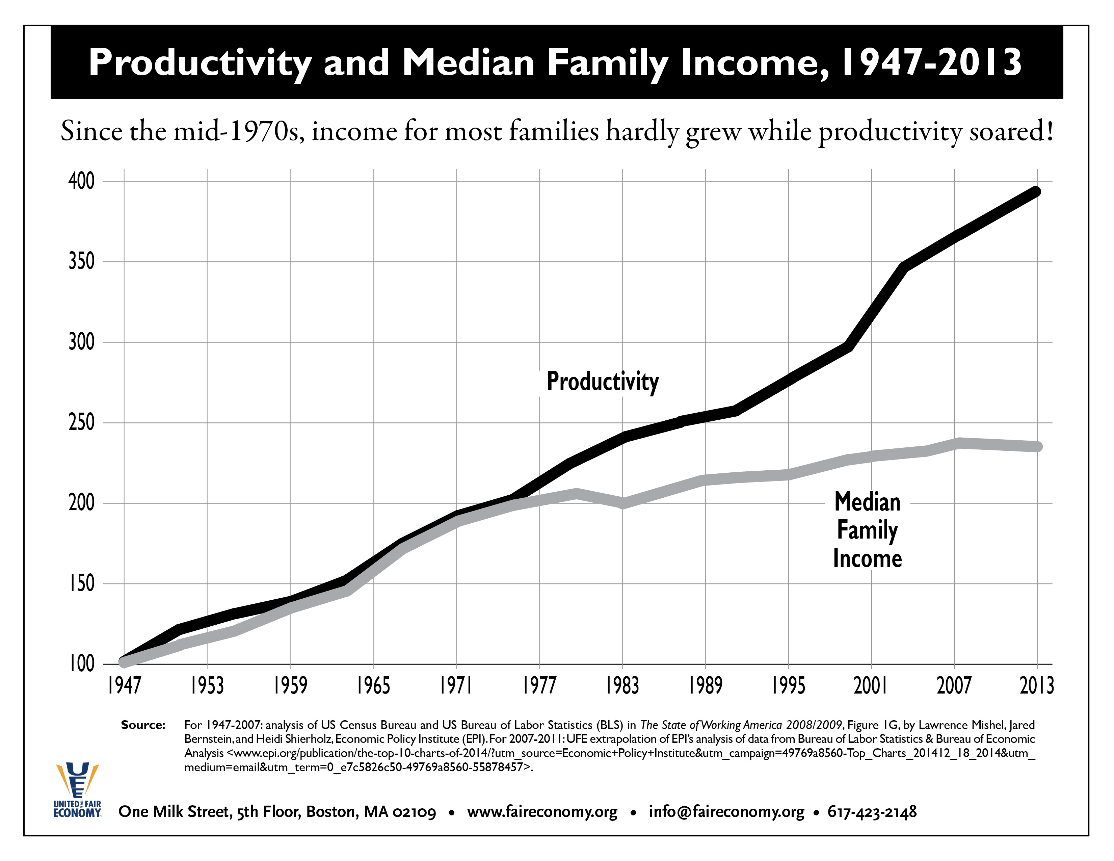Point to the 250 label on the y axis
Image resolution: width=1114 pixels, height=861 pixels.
82,422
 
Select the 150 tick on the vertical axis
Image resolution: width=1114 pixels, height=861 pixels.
82,583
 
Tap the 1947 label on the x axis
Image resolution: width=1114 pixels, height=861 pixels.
124,685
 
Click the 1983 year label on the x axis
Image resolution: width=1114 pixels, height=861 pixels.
622,685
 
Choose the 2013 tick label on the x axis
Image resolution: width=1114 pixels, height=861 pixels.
1036,685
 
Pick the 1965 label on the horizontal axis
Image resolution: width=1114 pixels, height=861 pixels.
373,685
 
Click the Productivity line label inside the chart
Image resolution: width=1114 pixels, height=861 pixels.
602,382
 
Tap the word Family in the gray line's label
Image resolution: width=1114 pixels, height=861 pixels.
867,530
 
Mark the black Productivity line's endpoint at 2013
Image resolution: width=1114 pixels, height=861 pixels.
1036,192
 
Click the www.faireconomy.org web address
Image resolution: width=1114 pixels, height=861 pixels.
542,811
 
